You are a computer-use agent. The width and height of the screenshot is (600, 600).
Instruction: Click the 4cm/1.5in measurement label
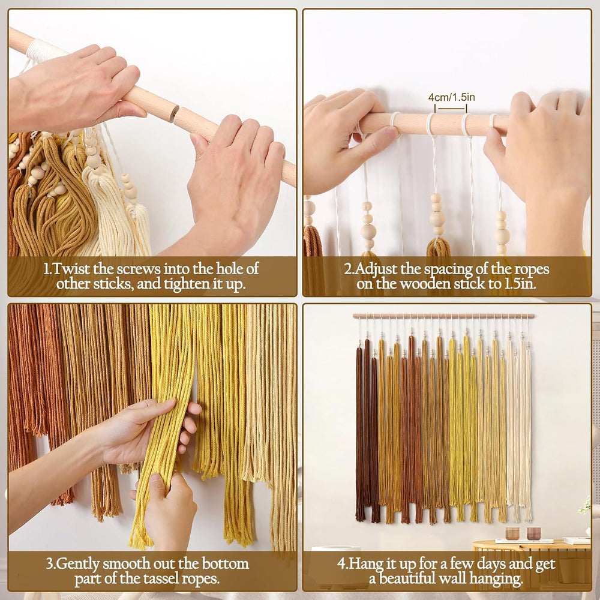(451, 97)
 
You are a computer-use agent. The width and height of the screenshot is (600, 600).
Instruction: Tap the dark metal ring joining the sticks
(174, 113)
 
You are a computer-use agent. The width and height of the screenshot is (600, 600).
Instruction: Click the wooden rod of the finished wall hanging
(443, 316)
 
